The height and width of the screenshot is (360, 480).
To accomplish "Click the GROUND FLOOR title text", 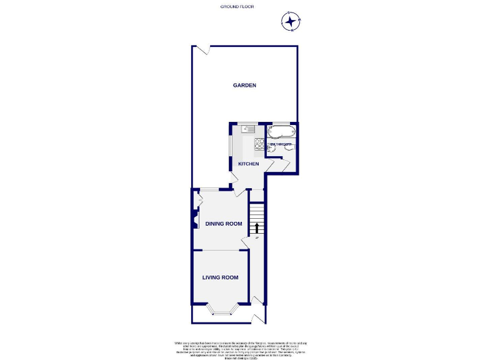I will click(x=237, y=6).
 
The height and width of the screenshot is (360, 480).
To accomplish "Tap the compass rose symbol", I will click(x=291, y=22).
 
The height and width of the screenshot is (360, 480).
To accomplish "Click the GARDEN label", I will click(x=245, y=86).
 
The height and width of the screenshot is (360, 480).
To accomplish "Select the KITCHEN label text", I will click(x=248, y=164).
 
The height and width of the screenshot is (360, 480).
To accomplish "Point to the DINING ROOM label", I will click(x=223, y=224).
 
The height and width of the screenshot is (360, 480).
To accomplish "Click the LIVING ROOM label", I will click(x=220, y=277).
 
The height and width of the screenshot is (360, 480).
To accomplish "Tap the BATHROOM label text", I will click(x=281, y=144).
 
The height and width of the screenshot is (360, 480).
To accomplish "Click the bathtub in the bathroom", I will click(x=281, y=132).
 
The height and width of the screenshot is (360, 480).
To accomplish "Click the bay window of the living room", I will click(x=222, y=310).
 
